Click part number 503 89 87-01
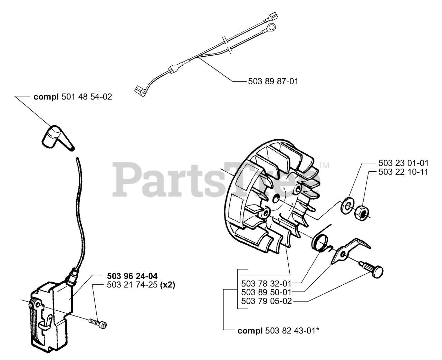tap(273, 82)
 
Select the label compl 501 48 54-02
tap(73, 97)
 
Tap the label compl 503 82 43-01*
tap(278, 331)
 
